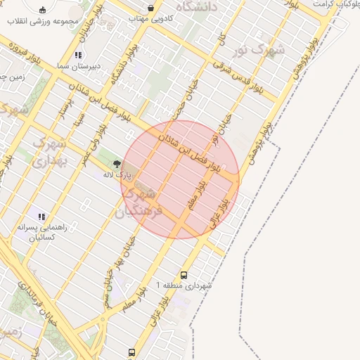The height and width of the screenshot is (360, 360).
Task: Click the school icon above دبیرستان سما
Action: (x=79, y=55)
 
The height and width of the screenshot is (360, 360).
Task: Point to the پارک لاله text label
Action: (x=117, y=174)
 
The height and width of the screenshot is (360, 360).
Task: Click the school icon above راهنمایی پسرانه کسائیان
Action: (x=41, y=217)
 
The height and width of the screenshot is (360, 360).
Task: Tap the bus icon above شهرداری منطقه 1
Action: (x=184, y=276)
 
